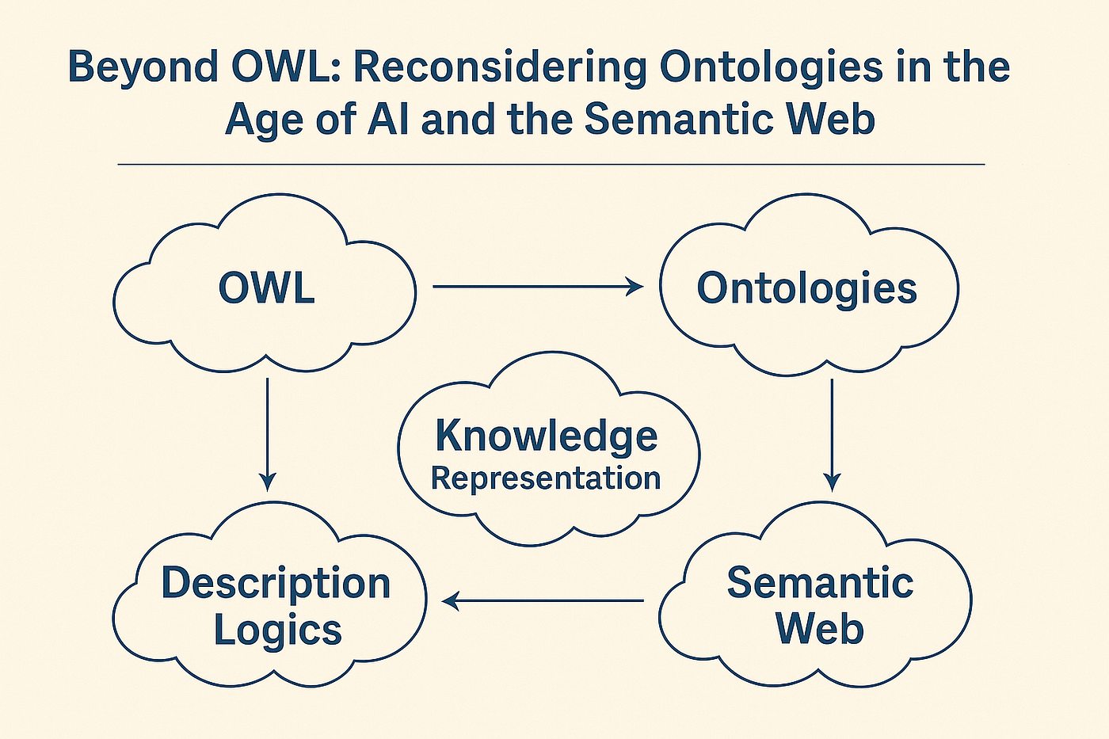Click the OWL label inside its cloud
coord(266,288)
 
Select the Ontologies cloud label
coord(806,288)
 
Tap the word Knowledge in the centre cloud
coord(547,436)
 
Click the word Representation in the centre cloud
coord(546,478)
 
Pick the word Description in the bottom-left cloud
coord(276,585)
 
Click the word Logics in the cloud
coord(277,630)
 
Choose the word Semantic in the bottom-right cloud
coord(820,584)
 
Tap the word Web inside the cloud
coord(819,630)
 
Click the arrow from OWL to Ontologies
coord(538,287)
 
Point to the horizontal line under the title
coord(551,165)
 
